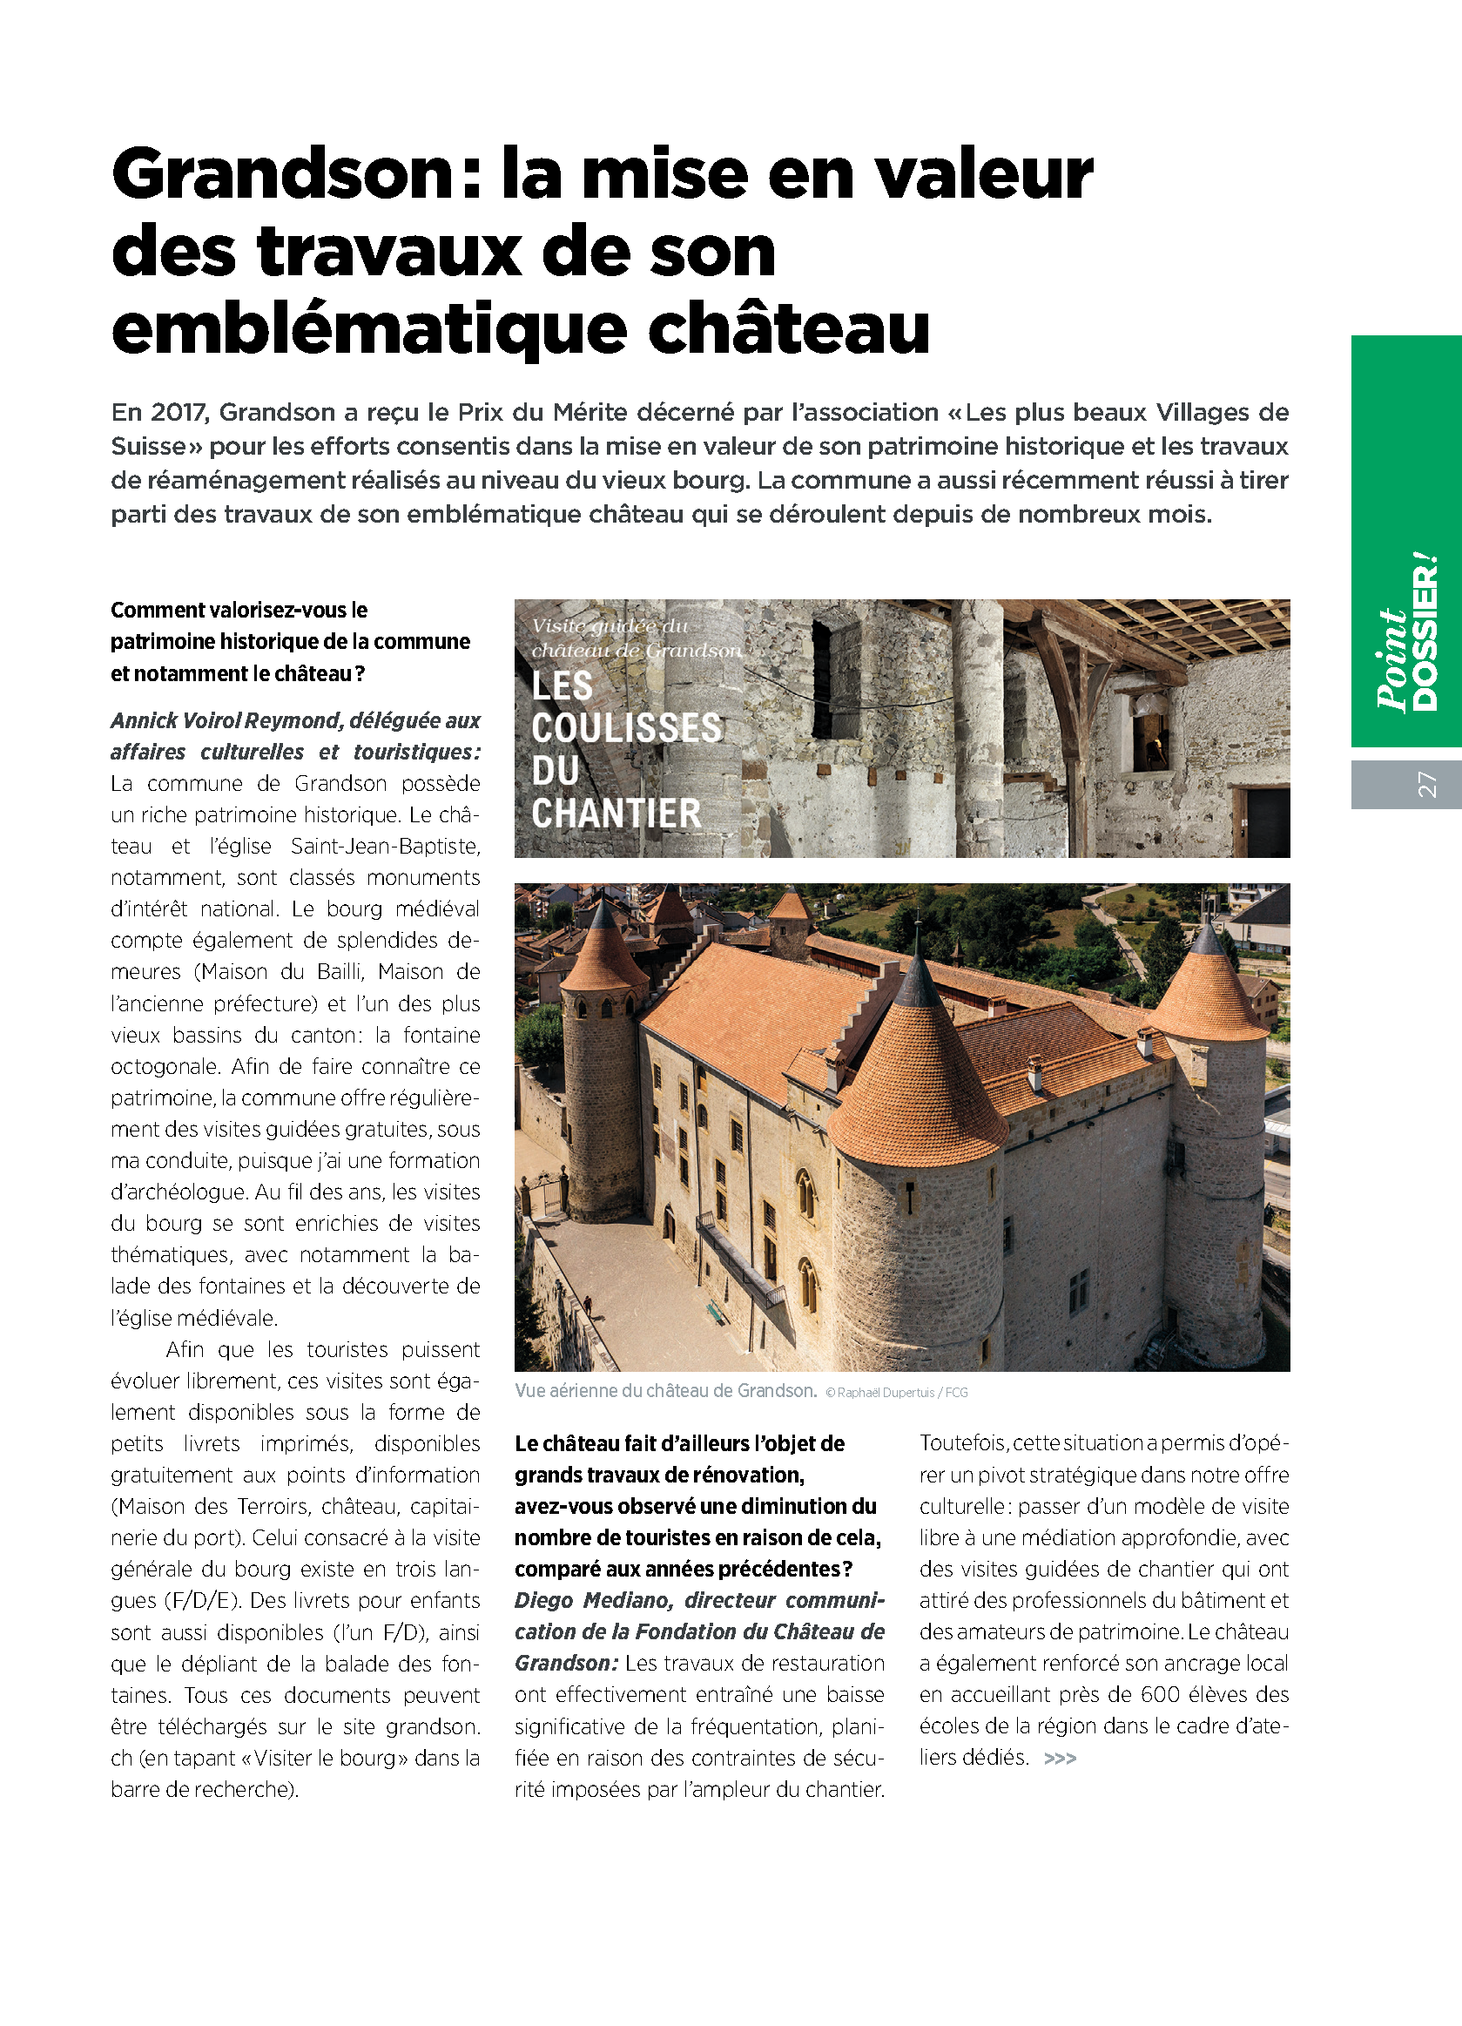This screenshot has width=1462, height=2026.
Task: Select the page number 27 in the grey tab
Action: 1426,784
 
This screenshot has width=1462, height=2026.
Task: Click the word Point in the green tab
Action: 1391,661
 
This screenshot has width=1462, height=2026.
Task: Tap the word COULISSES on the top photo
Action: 626,728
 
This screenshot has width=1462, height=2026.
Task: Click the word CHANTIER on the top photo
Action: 616,814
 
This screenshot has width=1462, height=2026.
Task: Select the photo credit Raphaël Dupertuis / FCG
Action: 902,1393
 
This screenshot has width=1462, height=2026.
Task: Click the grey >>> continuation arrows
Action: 1059,1759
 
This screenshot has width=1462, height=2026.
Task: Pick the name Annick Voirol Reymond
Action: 226,721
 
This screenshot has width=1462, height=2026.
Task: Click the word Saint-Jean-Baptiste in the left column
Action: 385,847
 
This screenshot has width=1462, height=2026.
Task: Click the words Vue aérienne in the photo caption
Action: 577,1392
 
